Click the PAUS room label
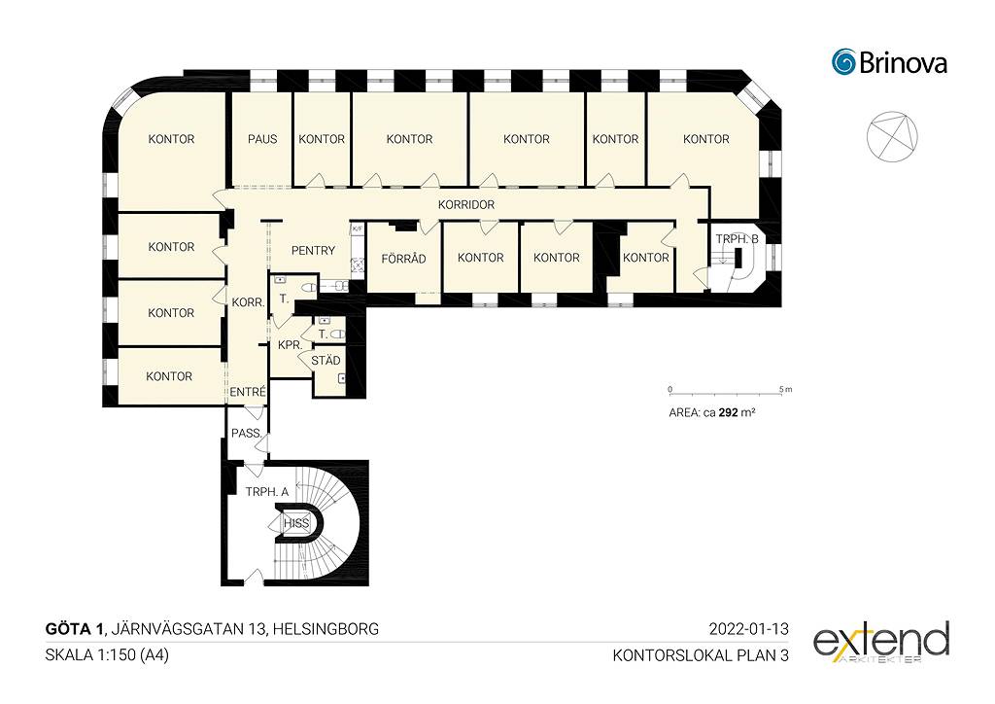(x=262, y=139)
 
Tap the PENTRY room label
(x=313, y=251)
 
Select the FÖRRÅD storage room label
(x=403, y=259)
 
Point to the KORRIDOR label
(x=465, y=205)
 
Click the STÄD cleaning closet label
(x=326, y=361)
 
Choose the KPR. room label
(x=290, y=345)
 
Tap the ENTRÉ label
(x=248, y=392)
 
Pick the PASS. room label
(x=247, y=434)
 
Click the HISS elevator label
(x=296, y=524)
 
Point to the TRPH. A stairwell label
(x=267, y=492)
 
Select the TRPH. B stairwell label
(x=737, y=239)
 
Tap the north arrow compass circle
(x=892, y=136)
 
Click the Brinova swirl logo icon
(x=844, y=61)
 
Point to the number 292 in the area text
(x=728, y=412)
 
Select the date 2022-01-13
(x=749, y=629)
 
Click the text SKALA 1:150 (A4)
(x=107, y=655)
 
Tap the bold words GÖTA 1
(x=74, y=629)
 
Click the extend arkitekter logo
(x=881, y=643)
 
